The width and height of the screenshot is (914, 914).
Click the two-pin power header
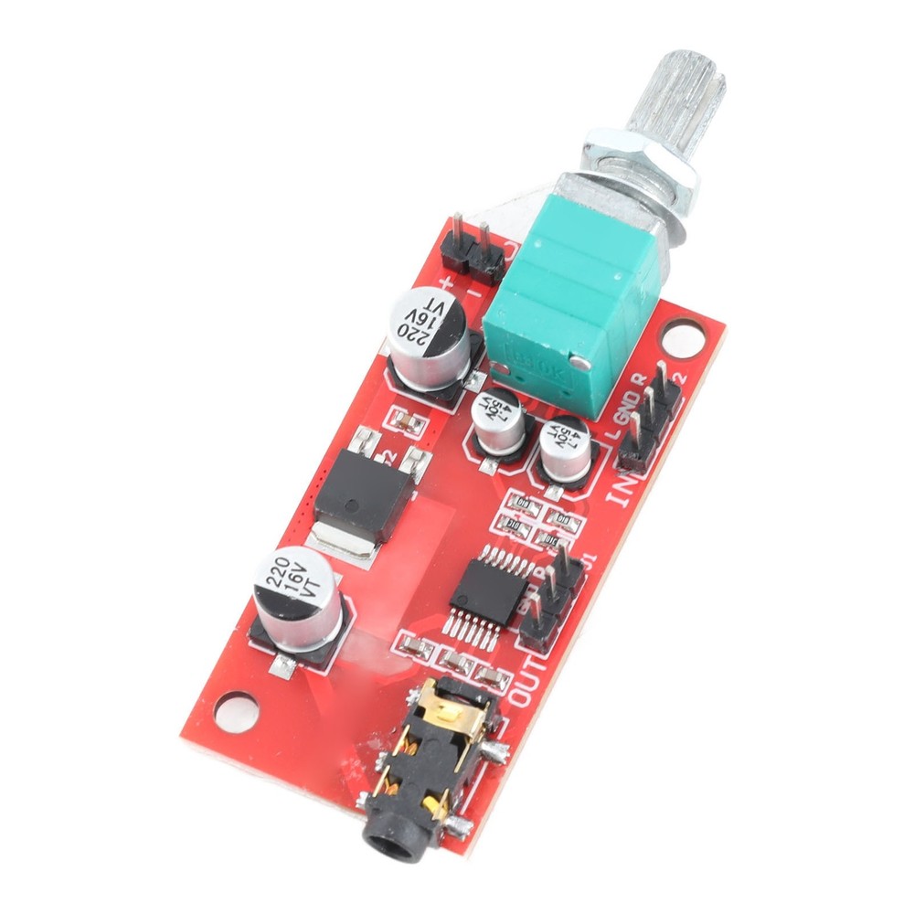coord(473,250)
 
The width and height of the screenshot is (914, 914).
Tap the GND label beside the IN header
coord(630,406)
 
